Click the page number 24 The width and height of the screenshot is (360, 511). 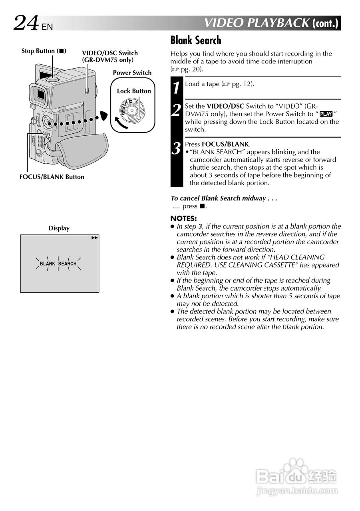(26, 23)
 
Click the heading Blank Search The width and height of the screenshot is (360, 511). (195, 40)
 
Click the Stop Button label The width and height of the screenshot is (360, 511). (44, 51)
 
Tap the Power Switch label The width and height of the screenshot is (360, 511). (132, 73)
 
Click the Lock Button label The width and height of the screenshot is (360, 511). (134, 91)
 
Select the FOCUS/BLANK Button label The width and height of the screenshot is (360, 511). (52, 177)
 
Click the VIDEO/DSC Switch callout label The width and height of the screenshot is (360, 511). (109, 56)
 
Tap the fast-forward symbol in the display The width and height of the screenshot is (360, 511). (94, 238)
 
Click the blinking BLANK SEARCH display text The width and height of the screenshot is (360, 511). (58, 263)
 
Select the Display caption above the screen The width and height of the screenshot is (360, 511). (59, 228)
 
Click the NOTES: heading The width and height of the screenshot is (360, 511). (183, 218)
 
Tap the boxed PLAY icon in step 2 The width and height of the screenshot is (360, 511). (326, 114)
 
